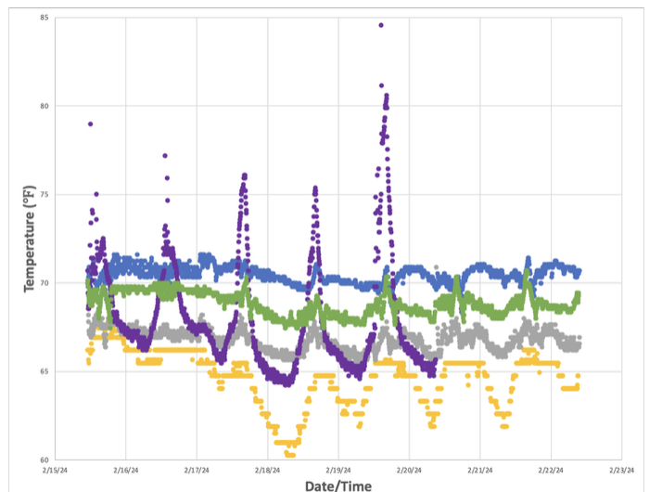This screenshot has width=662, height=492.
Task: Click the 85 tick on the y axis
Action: tap(44, 17)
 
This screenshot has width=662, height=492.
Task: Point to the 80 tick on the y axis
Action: tap(44, 106)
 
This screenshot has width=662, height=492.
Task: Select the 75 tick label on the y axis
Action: tap(44, 194)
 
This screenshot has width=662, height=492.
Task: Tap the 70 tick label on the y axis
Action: tap(44, 283)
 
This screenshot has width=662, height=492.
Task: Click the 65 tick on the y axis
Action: tap(44, 371)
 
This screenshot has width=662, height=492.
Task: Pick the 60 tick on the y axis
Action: tap(44, 460)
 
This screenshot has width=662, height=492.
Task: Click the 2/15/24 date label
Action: tap(55, 470)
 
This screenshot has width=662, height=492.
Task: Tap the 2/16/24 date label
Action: tap(126, 470)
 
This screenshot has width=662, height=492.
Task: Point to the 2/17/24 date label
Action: tap(197, 470)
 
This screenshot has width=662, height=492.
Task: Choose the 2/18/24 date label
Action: tap(268, 470)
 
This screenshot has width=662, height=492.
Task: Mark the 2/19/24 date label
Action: tap(338, 470)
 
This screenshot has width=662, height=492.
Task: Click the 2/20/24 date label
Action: tap(410, 470)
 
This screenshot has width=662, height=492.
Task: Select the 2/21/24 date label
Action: tap(480, 470)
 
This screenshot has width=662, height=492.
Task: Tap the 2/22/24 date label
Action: tap(552, 470)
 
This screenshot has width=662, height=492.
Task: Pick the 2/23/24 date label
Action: tap(622, 470)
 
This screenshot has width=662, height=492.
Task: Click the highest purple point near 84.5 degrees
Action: tap(381, 25)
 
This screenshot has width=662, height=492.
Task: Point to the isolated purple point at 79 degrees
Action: tap(90, 123)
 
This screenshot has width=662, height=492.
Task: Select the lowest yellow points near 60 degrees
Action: tap(289, 455)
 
